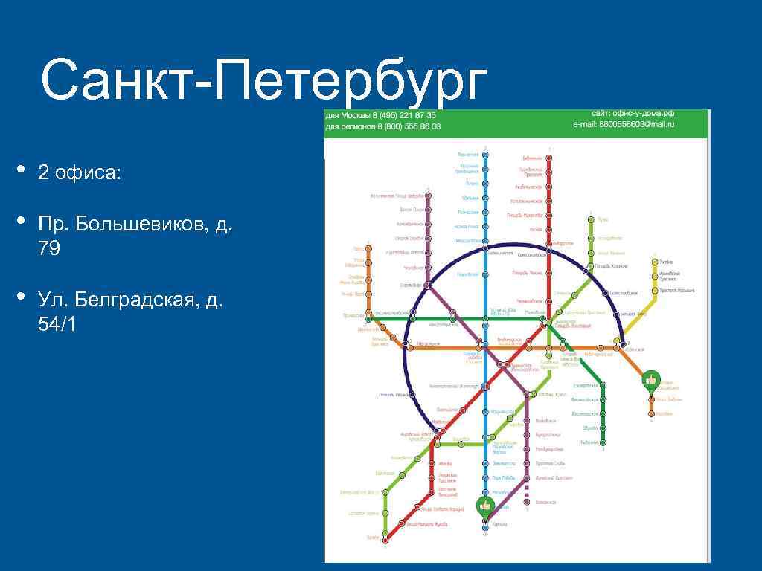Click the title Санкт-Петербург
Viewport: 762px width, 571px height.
(263, 83)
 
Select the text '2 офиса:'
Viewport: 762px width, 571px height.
(78, 173)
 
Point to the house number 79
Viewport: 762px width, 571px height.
(50, 249)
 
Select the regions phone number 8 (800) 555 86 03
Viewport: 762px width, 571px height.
(410, 126)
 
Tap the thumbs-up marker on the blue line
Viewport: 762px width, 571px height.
(485, 506)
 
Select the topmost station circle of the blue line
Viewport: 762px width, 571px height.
(485, 155)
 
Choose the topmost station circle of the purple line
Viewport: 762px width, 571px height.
(429, 196)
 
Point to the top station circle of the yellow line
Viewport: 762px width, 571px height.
(655, 262)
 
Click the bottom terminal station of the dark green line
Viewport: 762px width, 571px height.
(603, 443)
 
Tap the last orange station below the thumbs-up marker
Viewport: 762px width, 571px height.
(652, 413)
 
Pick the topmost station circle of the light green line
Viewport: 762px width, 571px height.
(590, 219)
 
